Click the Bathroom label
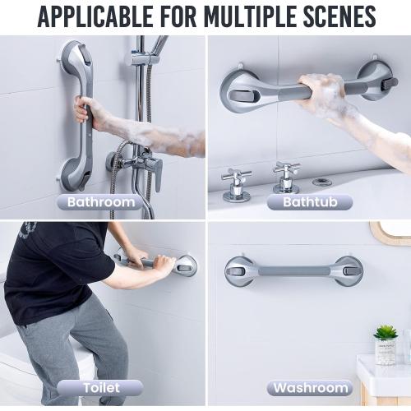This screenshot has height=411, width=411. (100, 201)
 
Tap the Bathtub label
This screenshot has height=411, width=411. (310, 201)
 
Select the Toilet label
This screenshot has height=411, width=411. (100, 387)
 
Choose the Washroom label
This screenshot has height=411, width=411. (310, 387)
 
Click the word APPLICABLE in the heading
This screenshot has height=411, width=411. (98, 16)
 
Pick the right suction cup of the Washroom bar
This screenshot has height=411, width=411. (347, 270)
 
